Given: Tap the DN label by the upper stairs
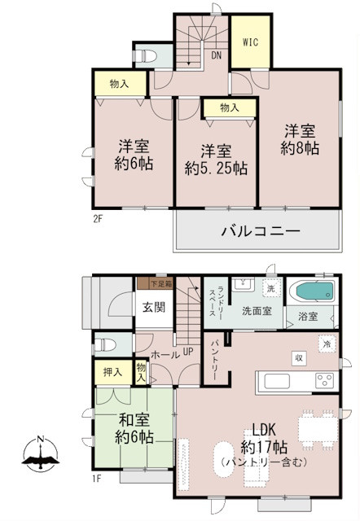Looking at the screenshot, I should (x=217, y=56).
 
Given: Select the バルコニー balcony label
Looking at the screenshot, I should (x=261, y=232).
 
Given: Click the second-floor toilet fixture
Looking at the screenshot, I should (x=147, y=55).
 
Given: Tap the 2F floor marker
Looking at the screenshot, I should (x=98, y=218).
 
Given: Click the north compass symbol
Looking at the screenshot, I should (x=41, y=457).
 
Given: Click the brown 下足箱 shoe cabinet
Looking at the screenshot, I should (x=147, y=284).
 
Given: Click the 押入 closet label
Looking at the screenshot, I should (x=113, y=371).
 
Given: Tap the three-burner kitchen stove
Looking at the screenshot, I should (x=326, y=380).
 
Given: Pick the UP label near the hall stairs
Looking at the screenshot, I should (x=187, y=352).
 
